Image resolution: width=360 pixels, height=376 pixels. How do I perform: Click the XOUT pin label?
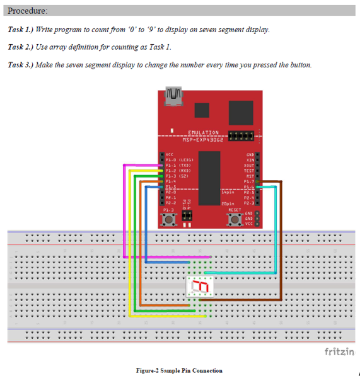pyautogui.click(x=248, y=164)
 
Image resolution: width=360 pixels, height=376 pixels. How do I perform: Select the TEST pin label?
pyautogui.click(x=248, y=170)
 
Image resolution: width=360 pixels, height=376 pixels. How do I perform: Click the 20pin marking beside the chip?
pyautogui.click(x=229, y=204)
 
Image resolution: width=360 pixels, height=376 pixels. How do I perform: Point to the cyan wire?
pyautogui.click(x=276, y=233)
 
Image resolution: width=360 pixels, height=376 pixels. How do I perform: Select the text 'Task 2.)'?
pyautogui.click(x=21, y=47)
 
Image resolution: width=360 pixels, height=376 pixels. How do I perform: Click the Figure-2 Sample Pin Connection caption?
pyautogui.click(x=179, y=370)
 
